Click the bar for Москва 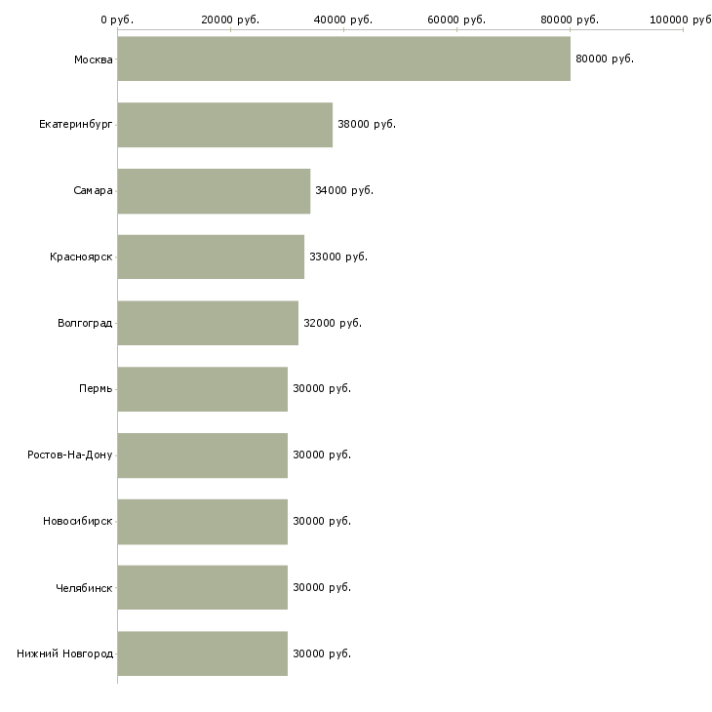point(343,59)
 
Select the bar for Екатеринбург point(224,125)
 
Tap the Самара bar point(214,190)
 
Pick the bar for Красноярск point(211,257)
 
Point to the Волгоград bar point(208,323)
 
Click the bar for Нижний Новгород point(202,653)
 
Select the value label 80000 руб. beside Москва point(605,59)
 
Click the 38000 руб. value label point(367,125)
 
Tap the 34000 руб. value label point(344,190)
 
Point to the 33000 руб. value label point(338,257)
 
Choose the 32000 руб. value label point(333,323)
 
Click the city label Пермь point(96,389)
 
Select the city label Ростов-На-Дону point(70,455)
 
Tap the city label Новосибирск point(77,521)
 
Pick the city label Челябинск point(84,587)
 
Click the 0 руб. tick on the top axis point(117,20)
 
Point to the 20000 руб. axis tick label point(230,20)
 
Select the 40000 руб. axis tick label point(343,20)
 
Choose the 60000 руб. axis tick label point(456,20)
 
